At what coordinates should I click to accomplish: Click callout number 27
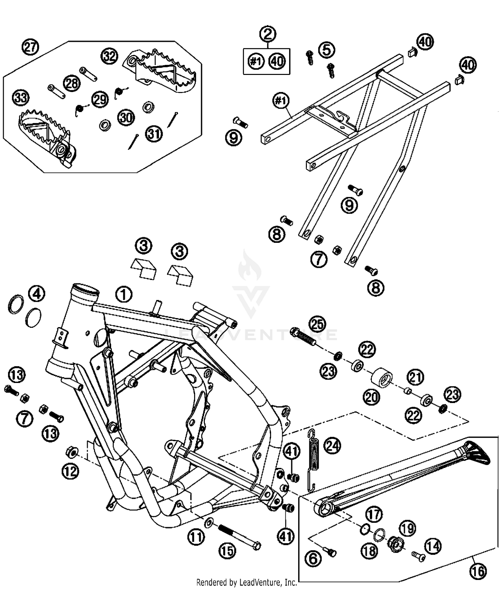(30, 47)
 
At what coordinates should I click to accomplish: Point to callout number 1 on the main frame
(124, 295)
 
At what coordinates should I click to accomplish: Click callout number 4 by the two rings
(37, 294)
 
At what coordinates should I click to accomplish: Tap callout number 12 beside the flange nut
(70, 472)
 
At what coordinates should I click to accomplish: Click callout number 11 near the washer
(196, 537)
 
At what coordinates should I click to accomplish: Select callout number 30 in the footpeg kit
(126, 118)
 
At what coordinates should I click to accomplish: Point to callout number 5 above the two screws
(327, 50)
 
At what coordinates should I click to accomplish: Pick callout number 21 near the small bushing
(415, 377)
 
